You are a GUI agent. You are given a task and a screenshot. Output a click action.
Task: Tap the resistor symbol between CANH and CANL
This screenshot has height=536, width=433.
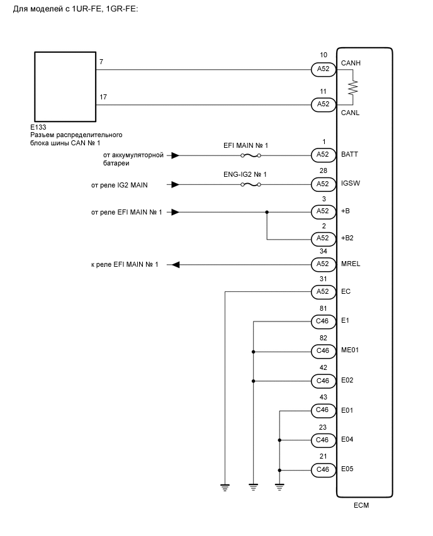353,86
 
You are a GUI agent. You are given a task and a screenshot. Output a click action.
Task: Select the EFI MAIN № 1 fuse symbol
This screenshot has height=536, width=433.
250,154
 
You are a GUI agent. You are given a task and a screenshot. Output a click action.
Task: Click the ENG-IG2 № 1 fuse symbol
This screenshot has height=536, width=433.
250,184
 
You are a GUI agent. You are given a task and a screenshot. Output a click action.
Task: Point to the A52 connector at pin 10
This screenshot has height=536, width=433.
323,69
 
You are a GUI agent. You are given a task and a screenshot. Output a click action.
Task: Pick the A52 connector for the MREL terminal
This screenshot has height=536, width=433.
323,264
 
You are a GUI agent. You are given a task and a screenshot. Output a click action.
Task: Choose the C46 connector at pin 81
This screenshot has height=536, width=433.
323,321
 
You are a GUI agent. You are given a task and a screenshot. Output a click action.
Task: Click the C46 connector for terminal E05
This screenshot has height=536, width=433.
323,469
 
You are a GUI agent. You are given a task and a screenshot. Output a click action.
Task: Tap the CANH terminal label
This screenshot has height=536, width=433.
351,64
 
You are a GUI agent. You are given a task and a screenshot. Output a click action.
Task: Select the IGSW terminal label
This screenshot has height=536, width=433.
350,184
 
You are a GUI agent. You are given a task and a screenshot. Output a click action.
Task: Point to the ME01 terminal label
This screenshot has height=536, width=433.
350,350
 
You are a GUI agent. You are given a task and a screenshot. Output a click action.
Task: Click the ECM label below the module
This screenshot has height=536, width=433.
362,505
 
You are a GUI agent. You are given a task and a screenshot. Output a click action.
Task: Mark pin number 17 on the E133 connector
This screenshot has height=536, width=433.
103,97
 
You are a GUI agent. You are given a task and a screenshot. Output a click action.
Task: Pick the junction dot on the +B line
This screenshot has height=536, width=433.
267,212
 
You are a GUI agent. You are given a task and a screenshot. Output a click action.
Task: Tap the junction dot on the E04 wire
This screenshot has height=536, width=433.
279,440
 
